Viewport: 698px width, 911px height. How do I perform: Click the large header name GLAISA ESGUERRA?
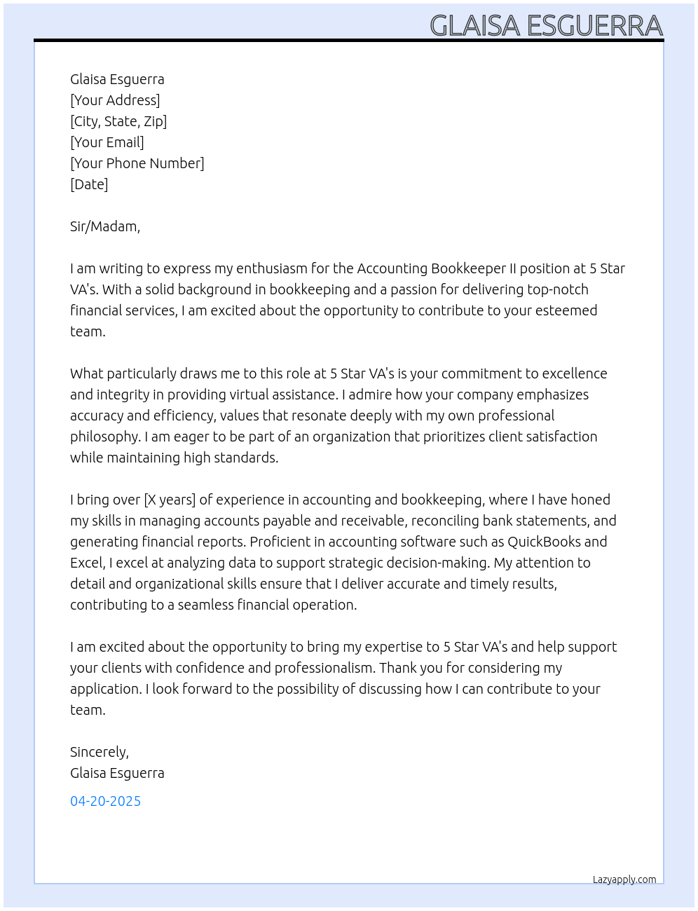pyautogui.click(x=546, y=26)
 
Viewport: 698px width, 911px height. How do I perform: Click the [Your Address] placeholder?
pyautogui.click(x=115, y=100)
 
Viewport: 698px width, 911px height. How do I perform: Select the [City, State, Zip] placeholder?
pyautogui.click(x=118, y=121)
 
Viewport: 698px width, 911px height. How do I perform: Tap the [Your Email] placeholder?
pyautogui.click(x=107, y=142)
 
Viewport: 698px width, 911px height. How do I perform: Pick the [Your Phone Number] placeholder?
pyautogui.click(x=137, y=163)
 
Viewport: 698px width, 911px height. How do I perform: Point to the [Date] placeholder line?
pyautogui.click(x=89, y=184)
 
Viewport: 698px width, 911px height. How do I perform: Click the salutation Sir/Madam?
pyautogui.click(x=105, y=226)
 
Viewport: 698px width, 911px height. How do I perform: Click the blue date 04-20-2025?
pyautogui.click(x=105, y=801)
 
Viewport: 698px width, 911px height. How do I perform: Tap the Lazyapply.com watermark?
pyautogui.click(x=624, y=879)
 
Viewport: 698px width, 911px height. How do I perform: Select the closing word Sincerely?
pyautogui.click(x=100, y=752)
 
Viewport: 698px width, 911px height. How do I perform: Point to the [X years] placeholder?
pyautogui.click(x=170, y=500)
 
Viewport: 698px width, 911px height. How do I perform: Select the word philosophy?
pyautogui.click(x=104, y=437)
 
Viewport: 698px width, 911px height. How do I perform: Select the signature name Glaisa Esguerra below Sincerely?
pyautogui.click(x=117, y=773)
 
